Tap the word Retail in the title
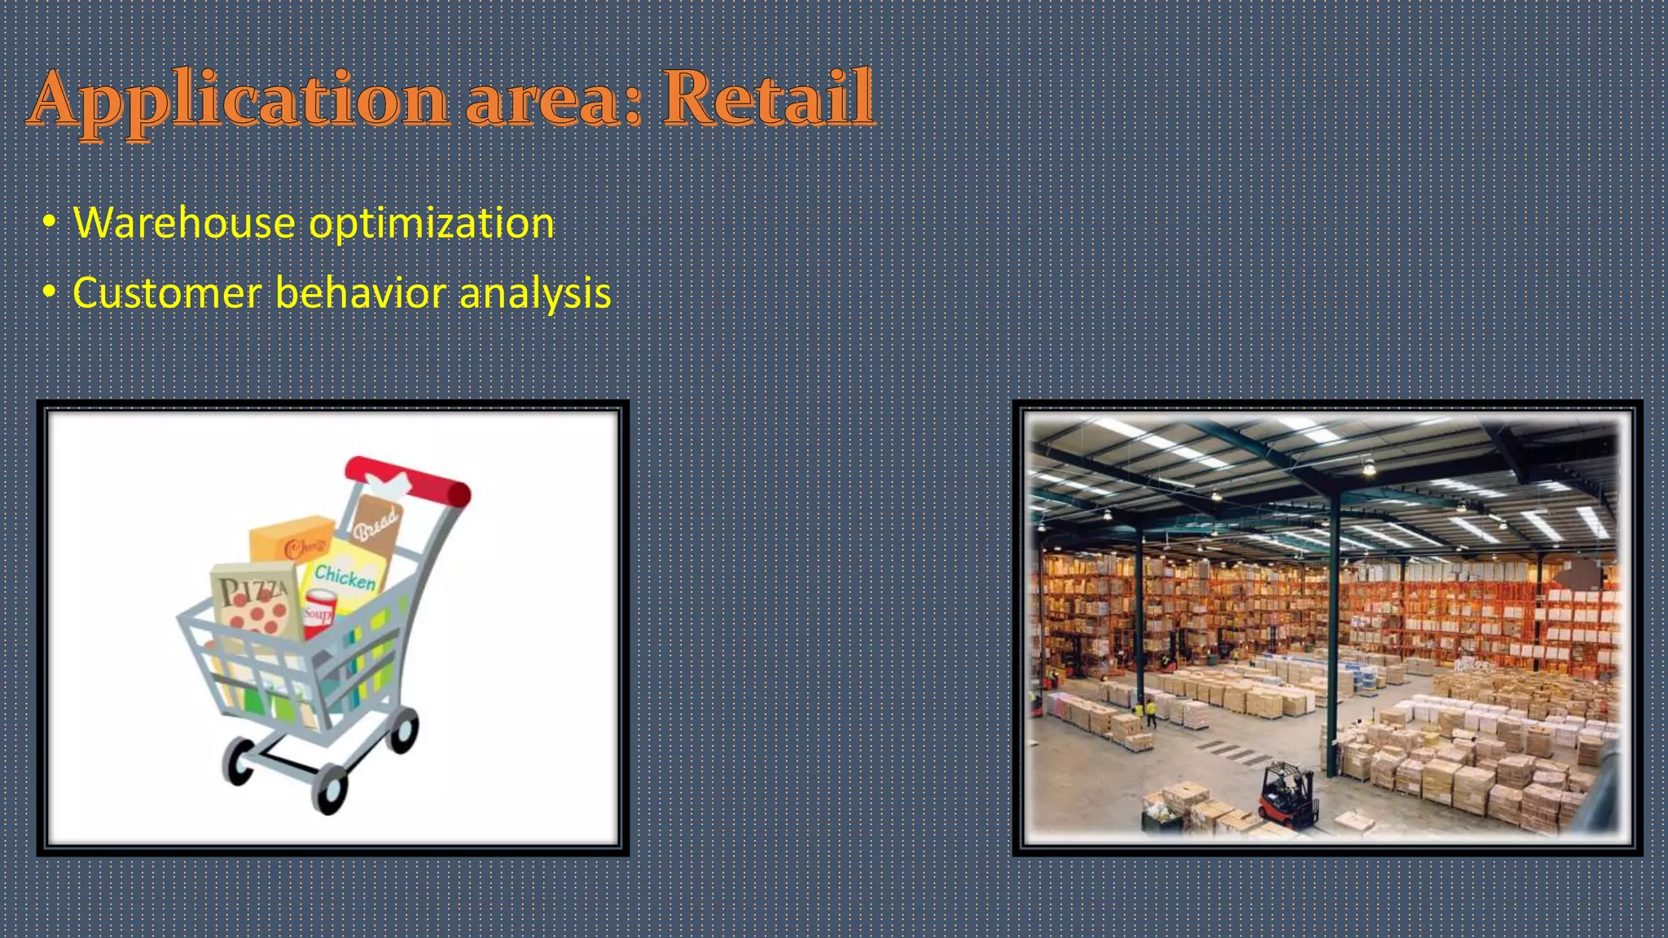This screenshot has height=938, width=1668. pos(768,99)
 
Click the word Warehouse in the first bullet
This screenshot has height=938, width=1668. pos(184,223)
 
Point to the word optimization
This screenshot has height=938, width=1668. pos(432,225)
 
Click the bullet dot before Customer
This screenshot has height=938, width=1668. pos(50,292)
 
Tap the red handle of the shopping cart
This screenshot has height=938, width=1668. pos(407,480)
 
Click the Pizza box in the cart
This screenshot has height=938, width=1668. pos(255,603)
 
